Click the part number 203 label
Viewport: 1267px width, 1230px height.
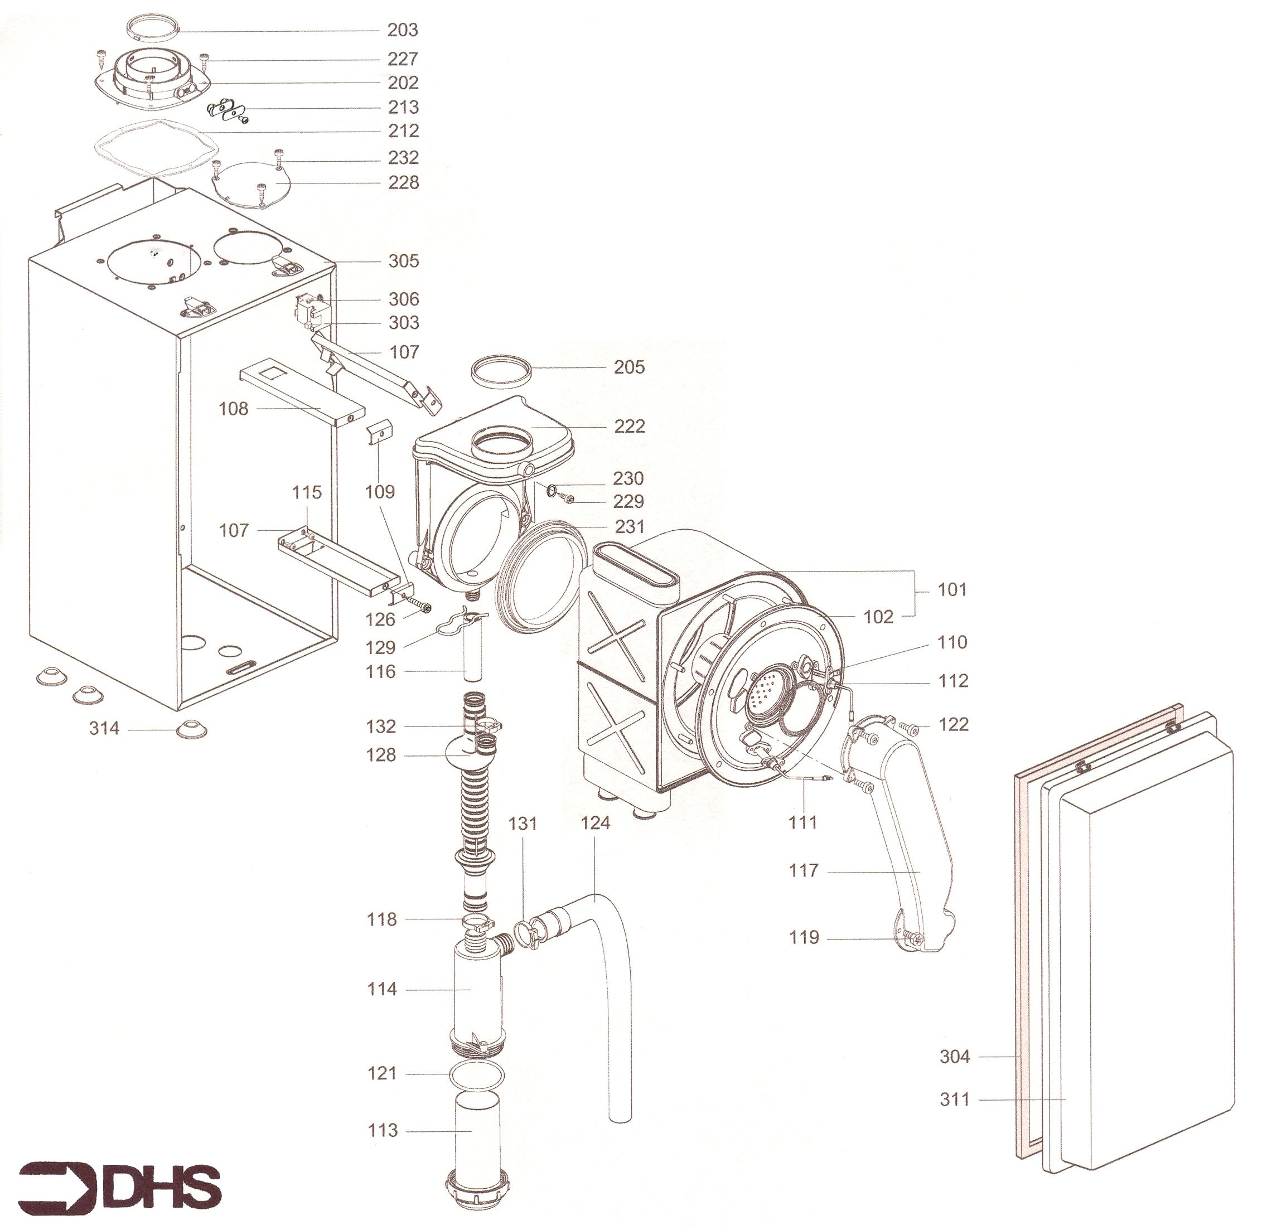point(403,30)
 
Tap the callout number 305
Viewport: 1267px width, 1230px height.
point(403,261)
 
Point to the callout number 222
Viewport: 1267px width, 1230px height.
point(629,426)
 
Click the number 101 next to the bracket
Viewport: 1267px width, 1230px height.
point(951,589)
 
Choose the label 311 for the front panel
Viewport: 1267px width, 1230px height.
point(955,1099)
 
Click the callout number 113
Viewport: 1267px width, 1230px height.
point(382,1130)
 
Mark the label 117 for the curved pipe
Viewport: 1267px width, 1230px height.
point(804,870)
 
